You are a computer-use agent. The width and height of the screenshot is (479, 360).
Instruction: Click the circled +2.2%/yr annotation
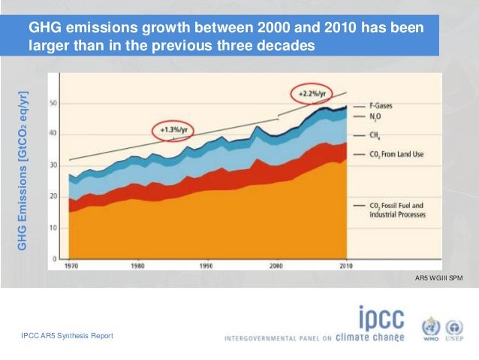311,94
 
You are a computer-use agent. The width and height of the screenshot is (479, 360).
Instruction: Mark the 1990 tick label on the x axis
206,265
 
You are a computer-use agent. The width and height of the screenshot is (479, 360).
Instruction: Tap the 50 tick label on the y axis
53,103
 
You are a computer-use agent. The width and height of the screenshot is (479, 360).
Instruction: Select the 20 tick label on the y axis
53,196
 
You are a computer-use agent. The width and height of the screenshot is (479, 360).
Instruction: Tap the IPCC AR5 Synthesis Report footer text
68,335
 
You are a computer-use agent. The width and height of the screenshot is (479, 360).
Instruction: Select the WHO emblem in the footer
429,329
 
